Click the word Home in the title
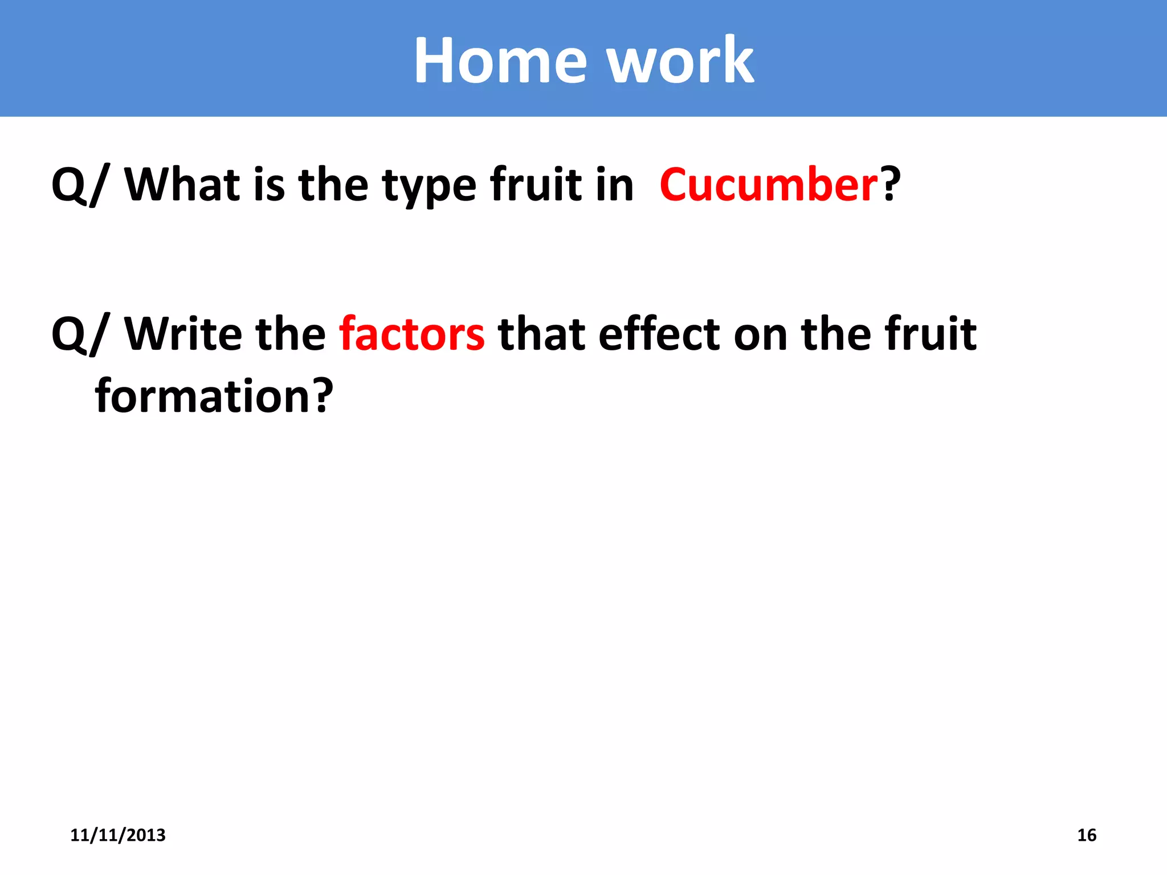tap(500, 60)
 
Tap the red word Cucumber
tap(769, 185)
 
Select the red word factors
tap(411, 334)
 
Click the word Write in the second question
tap(182, 334)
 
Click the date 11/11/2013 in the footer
tap(118, 835)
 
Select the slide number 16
tap(1087, 835)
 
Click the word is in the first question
tap(269, 185)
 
